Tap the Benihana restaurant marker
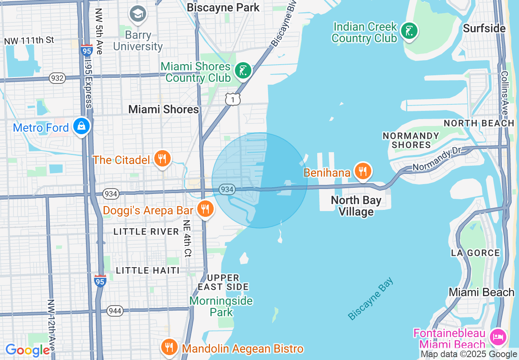coord(363,171)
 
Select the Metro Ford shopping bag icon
coord(81,126)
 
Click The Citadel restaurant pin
coord(162,159)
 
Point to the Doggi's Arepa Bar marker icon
coord(205,209)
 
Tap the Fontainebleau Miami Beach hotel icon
coord(498,337)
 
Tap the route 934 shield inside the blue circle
coord(227,189)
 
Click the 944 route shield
coord(115,311)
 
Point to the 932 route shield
coord(57,78)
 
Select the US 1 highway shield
coord(232,99)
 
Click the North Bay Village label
coord(356,206)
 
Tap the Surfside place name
coord(484,28)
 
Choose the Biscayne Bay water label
coord(370,299)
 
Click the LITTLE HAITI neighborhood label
coord(148,270)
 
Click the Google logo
coord(28,350)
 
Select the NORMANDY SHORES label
coord(411,140)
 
